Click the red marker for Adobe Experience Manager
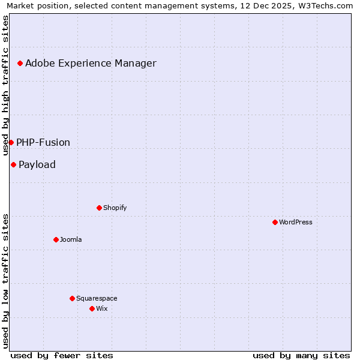tap(20, 63)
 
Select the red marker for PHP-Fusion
tap(11, 142)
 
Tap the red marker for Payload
tap(13, 164)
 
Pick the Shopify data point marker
tap(99, 208)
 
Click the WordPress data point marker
tap(275, 222)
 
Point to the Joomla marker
tap(56, 239)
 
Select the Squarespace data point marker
tap(72, 298)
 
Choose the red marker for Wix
tap(92, 308)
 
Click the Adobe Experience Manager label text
tap(91, 63)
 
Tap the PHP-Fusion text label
tap(43, 142)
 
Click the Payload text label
tap(37, 164)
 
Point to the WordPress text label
tap(296, 222)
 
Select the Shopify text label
tap(115, 208)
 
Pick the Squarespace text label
tap(97, 298)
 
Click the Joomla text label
tap(71, 239)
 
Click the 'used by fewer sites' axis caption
tap(62, 355)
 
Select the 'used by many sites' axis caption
tap(301, 355)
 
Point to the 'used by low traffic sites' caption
tap(6, 280)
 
